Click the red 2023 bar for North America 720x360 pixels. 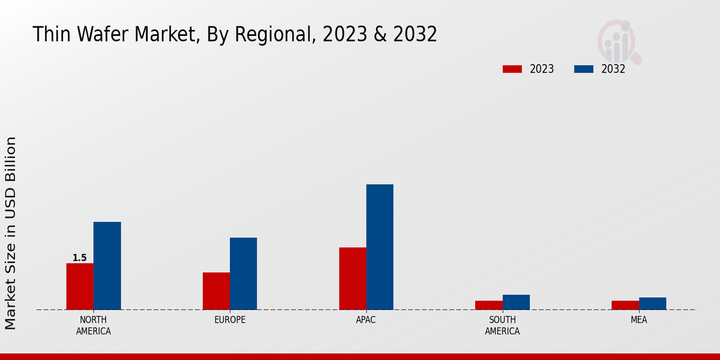80,286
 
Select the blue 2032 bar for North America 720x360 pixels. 107,266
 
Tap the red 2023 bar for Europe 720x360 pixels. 216,291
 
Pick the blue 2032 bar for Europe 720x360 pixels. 243,274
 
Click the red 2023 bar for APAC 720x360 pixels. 352,278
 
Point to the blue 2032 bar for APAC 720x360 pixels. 380,247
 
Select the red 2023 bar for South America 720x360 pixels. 488,305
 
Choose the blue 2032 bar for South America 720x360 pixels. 516,302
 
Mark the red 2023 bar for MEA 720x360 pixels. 625,305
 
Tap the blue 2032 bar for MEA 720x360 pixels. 652,304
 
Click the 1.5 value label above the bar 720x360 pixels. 79,258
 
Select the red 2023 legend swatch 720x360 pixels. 512,69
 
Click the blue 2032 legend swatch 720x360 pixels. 583,69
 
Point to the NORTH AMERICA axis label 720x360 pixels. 93,326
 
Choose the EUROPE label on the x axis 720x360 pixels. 230,320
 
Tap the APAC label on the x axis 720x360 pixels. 365,320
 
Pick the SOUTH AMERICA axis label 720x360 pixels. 502,326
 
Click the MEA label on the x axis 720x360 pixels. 638,320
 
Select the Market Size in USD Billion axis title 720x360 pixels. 11,233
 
